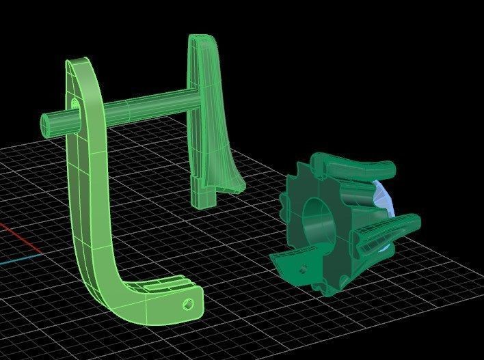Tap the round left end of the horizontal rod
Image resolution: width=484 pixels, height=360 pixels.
click(49, 124)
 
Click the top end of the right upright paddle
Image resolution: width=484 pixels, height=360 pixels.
click(200, 39)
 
